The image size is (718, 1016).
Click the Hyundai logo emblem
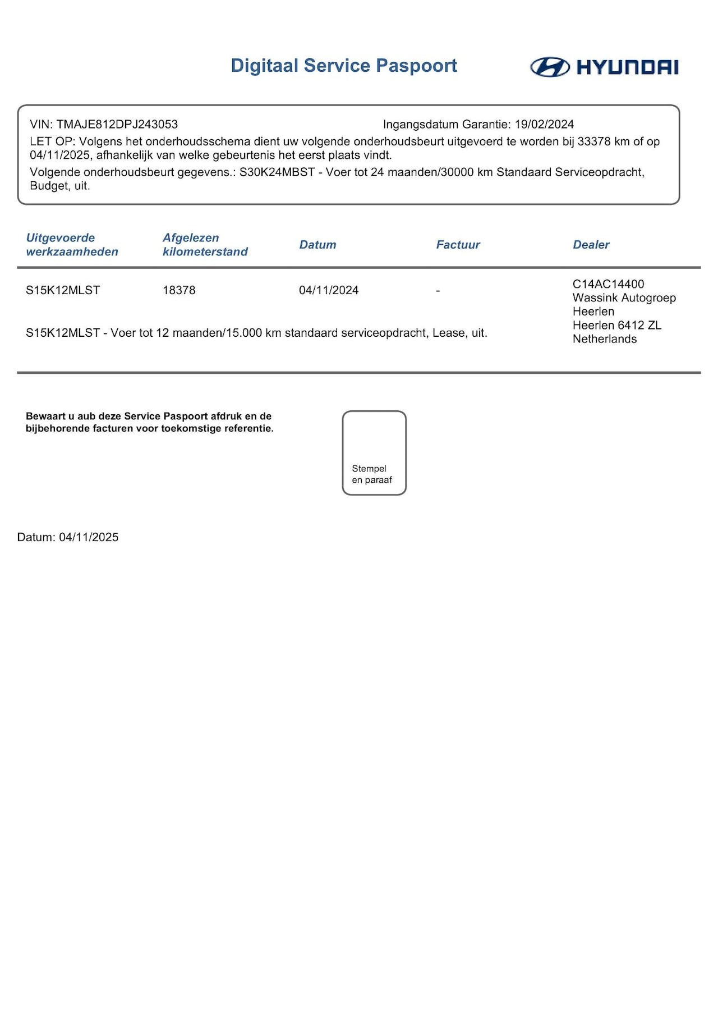550,67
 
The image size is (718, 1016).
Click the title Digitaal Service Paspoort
344,66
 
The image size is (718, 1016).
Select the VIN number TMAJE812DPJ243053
117,125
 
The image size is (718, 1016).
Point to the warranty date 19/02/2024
544,125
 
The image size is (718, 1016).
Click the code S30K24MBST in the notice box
277,172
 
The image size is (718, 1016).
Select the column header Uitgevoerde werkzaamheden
72,245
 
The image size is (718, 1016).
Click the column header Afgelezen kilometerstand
205,245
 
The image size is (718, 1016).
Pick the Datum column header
317,245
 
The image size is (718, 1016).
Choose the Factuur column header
458,245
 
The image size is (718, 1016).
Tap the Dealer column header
591,245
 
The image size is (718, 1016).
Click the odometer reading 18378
179,290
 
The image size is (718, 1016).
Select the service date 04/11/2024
329,290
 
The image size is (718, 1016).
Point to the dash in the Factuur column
438,291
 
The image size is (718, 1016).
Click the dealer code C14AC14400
608,284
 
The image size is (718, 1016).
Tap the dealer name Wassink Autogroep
624,298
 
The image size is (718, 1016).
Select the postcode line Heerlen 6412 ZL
616,326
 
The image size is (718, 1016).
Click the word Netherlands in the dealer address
604,339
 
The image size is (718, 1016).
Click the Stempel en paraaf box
374,453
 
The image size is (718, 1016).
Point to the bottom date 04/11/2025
89,537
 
